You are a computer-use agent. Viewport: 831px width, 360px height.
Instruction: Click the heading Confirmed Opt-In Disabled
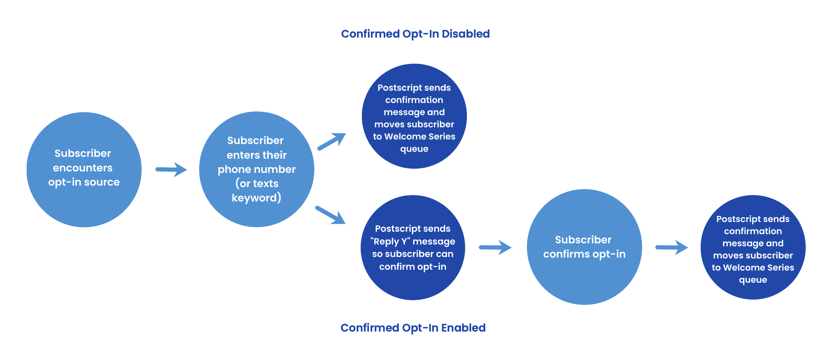click(x=415, y=34)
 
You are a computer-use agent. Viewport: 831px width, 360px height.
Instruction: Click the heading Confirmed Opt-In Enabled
click(x=413, y=328)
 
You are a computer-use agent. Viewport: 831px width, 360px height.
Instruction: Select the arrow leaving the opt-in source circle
click(x=171, y=170)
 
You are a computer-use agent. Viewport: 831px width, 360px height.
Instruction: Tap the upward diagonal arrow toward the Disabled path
click(x=332, y=141)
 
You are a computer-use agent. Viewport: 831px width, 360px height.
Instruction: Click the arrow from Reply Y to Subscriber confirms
click(x=495, y=247)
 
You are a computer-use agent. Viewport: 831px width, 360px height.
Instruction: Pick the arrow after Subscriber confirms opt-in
click(x=672, y=247)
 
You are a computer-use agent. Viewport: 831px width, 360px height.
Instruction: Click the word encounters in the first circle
click(x=83, y=168)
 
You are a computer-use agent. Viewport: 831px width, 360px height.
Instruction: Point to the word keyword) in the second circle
click(x=256, y=198)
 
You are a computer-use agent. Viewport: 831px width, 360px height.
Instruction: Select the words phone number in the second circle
click(x=256, y=169)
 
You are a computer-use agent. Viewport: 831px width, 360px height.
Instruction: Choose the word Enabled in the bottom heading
click(x=463, y=328)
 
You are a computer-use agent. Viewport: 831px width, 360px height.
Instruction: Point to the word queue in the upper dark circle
click(x=414, y=149)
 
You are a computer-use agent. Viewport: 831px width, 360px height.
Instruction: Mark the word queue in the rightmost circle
click(x=753, y=280)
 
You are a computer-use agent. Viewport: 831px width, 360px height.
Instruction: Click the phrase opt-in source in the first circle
click(x=84, y=182)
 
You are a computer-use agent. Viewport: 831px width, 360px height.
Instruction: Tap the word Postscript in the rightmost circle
click(x=734, y=219)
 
